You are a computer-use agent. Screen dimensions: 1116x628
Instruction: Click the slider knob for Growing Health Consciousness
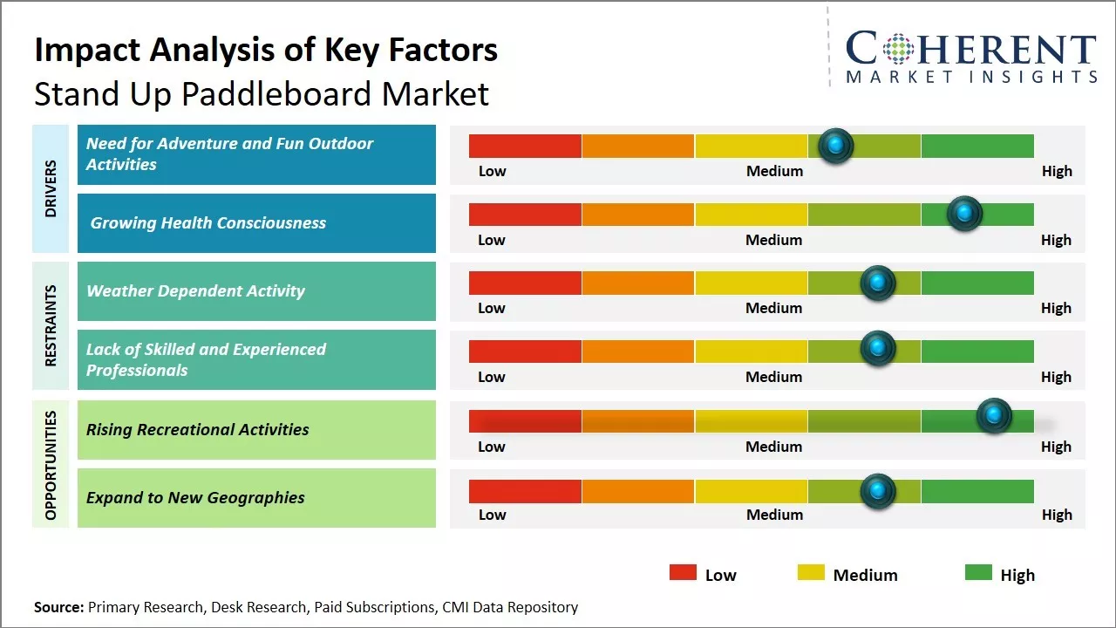click(x=964, y=214)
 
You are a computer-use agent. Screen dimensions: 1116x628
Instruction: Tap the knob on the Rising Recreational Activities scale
click(x=994, y=415)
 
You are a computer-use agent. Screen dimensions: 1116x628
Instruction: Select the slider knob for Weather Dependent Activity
click(x=878, y=283)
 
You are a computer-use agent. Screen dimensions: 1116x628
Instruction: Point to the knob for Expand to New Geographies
click(x=878, y=491)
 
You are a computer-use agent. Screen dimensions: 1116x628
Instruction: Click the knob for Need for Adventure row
click(x=835, y=146)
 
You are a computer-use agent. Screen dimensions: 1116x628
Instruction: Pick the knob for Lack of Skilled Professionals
click(x=878, y=348)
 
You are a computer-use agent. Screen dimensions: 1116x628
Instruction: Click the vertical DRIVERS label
click(x=51, y=188)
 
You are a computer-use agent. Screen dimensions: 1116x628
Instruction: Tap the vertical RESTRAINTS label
click(x=51, y=325)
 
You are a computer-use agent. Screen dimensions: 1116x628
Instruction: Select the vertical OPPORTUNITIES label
click(x=51, y=466)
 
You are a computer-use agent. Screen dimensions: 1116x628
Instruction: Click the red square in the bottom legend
click(x=683, y=572)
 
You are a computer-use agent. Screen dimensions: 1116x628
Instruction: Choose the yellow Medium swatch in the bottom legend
click(x=811, y=572)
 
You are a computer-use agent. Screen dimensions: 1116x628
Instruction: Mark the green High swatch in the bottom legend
click(x=978, y=572)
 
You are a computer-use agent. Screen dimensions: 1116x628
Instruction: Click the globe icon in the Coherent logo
click(x=898, y=49)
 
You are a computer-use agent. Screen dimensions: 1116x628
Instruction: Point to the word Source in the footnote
click(x=58, y=607)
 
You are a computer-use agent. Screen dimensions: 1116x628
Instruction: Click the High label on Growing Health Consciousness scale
click(x=1056, y=240)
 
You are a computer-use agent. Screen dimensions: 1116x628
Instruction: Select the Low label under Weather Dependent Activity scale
click(x=491, y=308)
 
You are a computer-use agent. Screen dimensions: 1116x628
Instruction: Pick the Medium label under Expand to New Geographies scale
click(x=774, y=515)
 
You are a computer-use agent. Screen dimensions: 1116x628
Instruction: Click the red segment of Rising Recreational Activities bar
click(x=525, y=421)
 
